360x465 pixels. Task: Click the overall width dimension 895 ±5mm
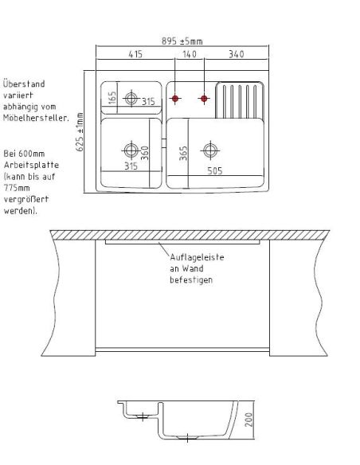[x=182, y=41]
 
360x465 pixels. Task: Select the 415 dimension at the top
[x=135, y=54]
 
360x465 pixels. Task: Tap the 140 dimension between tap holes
[x=190, y=54]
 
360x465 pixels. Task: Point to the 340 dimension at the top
[x=237, y=54]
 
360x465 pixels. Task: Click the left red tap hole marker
[x=175, y=99]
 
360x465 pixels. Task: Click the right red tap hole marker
[x=204, y=99]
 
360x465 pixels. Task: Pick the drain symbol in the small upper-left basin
[x=131, y=98]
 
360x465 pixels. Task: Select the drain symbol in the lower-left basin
[x=131, y=150]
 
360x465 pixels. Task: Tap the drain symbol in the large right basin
[x=210, y=150]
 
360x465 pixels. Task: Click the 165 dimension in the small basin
[x=112, y=98]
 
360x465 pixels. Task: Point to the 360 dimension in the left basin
[x=145, y=153]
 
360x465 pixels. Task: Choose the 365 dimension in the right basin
[x=183, y=153]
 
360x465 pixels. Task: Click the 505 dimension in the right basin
[x=215, y=171]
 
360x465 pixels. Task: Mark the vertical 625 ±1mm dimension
[x=80, y=132]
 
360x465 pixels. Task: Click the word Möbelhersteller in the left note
[x=36, y=118]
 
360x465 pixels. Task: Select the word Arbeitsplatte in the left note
[x=31, y=165]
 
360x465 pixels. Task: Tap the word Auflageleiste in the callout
[x=197, y=257]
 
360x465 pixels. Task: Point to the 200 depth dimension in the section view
[x=249, y=420]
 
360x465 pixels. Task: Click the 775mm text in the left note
[x=17, y=188]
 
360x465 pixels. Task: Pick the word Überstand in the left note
[x=24, y=84]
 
